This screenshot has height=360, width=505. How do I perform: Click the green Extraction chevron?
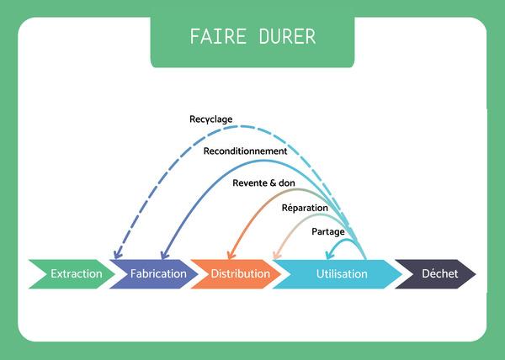pos(74,273)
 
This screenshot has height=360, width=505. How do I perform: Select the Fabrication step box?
pos(158,273)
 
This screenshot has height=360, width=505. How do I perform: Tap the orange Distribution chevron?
pos(240,273)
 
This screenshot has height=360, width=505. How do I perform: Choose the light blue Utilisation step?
pos(341,273)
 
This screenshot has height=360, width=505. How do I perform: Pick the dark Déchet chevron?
pos(435,273)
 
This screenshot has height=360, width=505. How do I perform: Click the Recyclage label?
pos(210,119)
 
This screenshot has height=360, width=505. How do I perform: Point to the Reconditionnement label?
pos(246,151)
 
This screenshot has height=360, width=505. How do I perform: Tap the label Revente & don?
pos(263,182)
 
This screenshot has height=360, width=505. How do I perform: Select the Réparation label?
pos(304,207)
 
